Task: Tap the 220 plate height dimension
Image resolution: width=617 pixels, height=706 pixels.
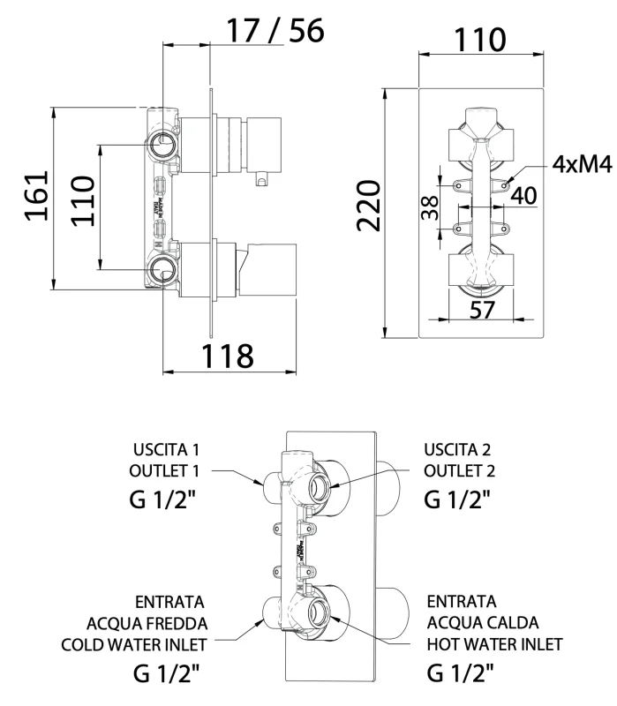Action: [368, 206]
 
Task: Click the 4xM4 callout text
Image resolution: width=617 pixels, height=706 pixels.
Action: [583, 164]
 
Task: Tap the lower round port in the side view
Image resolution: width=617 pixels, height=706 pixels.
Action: [162, 269]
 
